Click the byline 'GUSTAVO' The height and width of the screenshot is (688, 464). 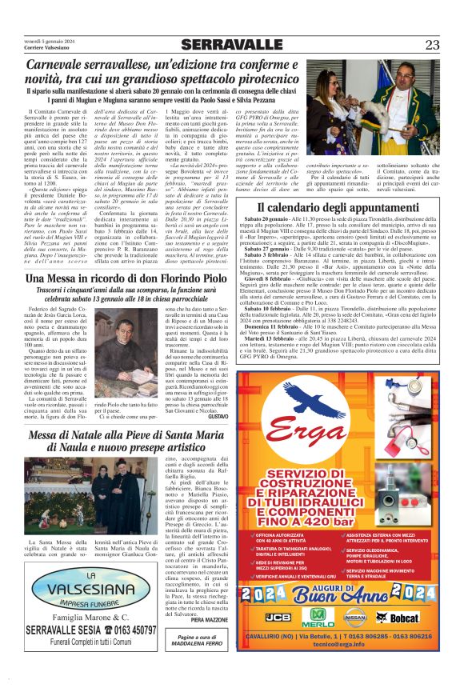tap(217, 417)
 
